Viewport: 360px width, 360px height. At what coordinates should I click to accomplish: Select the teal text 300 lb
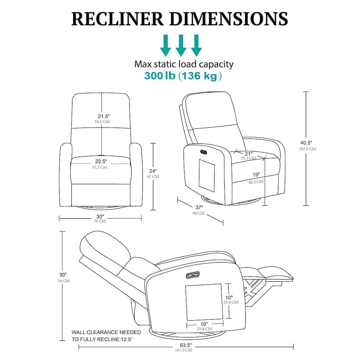click(x=160, y=76)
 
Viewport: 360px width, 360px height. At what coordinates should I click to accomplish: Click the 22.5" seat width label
click(x=101, y=161)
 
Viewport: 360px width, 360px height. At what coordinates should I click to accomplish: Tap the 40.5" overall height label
click(x=306, y=143)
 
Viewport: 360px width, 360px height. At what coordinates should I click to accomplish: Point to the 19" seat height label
click(x=256, y=175)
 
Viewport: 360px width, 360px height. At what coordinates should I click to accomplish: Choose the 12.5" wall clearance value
click(x=127, y=340)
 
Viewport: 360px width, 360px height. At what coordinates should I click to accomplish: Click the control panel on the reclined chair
click(x=193, y=275)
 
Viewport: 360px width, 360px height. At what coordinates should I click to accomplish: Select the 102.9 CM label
click(x=308, y=149)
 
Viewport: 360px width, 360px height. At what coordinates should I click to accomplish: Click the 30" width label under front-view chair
click(x=100, y=216)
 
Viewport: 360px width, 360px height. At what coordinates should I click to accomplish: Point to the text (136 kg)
click(x=200, y=76)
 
